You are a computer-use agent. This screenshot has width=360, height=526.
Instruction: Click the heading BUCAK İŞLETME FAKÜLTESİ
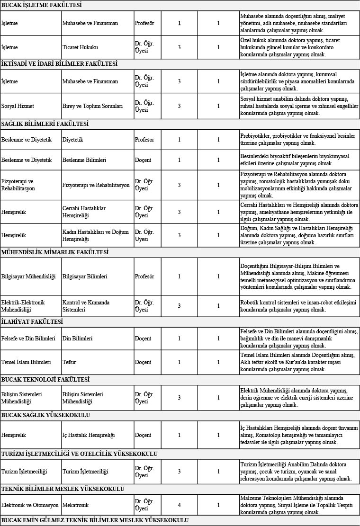click(42, 5)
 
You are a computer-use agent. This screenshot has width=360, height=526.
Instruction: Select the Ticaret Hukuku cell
click(80, 47)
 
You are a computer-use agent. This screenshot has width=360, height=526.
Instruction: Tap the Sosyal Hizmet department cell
click(15, 106)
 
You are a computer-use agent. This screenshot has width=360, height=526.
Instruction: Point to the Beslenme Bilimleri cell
click(84, 160)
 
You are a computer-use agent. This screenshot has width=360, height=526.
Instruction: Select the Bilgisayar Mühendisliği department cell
click(28, 276)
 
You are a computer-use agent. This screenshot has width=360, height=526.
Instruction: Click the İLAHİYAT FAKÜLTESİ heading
click(32, 322)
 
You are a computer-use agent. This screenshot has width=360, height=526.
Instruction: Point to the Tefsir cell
click(70, 362)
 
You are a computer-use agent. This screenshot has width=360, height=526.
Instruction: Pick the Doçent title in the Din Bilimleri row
click(143, 339)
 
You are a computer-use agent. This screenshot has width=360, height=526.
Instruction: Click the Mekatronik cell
click(76, 505)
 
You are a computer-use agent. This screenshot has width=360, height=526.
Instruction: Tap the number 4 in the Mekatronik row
click(179, 505)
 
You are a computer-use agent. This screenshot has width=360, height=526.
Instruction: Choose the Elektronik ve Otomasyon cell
click(30, 505)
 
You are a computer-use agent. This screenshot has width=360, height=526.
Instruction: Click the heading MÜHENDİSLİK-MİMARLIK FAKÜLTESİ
click(54, 252)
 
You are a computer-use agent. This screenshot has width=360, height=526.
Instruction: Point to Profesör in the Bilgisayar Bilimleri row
click(144, 276)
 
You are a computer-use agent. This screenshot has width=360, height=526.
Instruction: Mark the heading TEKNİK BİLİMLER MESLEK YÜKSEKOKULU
click(63, 489)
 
